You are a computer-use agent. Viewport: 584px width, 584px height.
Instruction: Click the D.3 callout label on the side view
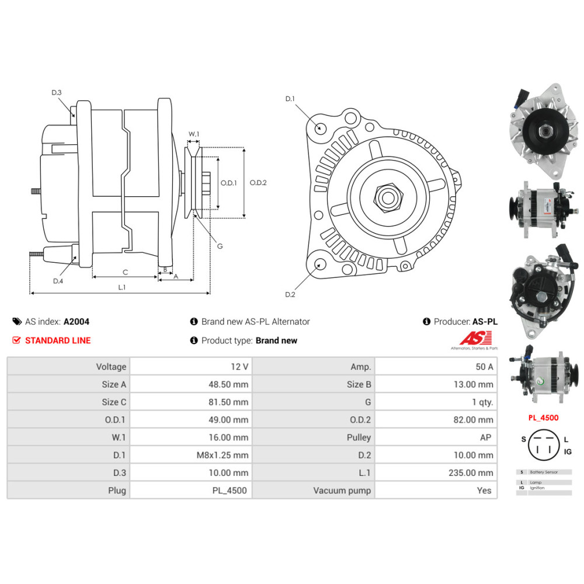[57, 92]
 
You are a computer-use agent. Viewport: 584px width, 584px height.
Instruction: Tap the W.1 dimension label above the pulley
[194, 134]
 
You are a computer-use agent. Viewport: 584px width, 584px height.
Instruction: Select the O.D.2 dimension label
[258, 182]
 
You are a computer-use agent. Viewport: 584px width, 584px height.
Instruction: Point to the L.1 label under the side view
[122, 287]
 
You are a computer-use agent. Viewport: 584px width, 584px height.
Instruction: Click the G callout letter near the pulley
[220, 246]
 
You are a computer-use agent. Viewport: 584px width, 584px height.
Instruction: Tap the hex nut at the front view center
[387, 198]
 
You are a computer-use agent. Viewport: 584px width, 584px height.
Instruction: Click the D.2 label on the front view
[290, 294]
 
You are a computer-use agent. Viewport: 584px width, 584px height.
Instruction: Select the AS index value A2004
[77, 321]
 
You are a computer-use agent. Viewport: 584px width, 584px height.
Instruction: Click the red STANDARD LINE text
[58, 340]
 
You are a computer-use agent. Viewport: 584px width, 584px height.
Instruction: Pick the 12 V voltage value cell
[239, 367]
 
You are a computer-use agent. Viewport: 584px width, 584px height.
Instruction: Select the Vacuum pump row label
[342, 491]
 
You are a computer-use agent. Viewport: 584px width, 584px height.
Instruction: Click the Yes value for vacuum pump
[484, 491]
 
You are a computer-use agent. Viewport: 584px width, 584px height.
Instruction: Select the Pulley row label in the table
[359, 437]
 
